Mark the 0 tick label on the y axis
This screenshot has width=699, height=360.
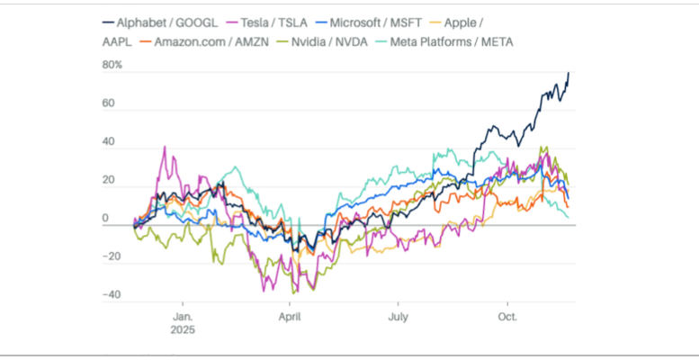[105, 219]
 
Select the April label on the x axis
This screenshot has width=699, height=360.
[290, 317]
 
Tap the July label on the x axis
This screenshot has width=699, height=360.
[398, 317]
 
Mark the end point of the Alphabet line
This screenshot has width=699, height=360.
[569, 73]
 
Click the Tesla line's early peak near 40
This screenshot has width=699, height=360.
[164, 147]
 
